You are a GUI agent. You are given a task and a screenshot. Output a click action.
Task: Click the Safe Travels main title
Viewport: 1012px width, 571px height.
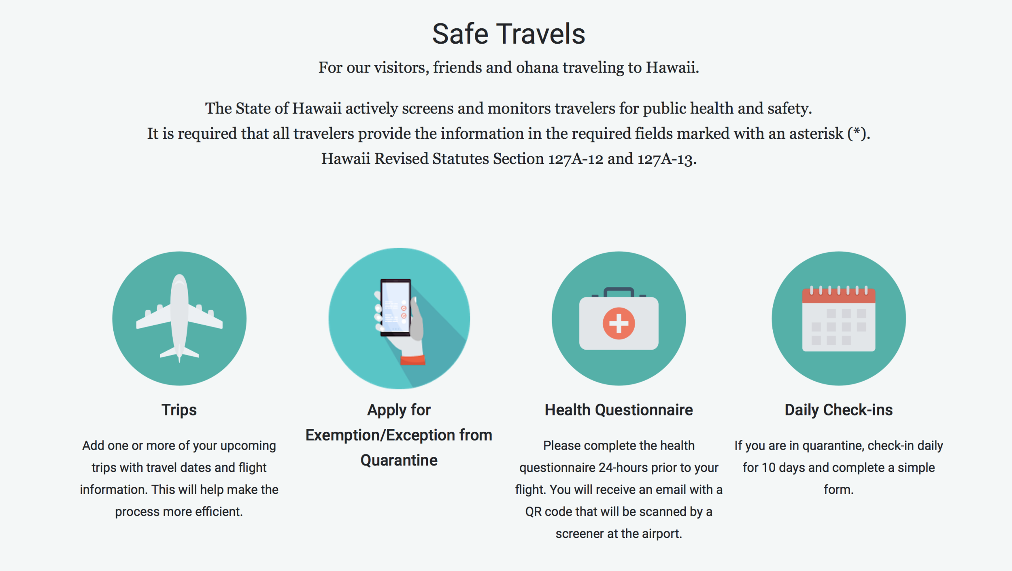(508, 34)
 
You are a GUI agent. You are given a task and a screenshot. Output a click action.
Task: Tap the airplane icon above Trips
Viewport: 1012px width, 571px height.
(179, 318)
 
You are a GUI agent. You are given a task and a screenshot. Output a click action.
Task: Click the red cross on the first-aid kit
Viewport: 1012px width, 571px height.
(619, 323)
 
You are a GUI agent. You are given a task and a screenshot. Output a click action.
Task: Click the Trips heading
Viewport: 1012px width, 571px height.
(179, 410)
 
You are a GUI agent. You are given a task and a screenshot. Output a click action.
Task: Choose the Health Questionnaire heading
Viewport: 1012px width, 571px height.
(619, 410)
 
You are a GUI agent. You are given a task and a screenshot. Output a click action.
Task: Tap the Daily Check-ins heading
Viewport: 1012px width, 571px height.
(838, 410)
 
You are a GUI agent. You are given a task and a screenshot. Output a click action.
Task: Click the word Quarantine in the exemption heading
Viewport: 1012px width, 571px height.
(399, 461)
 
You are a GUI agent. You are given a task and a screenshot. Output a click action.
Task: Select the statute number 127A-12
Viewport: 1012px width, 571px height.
(576, 159)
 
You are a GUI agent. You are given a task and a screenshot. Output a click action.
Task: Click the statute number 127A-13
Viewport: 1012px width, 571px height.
(665, 159)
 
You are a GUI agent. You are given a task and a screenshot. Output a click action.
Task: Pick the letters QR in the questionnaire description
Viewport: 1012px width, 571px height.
(533, 512)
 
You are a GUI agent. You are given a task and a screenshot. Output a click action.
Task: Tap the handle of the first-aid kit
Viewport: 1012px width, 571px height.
(619, 291)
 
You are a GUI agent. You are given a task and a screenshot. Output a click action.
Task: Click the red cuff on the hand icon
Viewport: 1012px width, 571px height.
(413, 360)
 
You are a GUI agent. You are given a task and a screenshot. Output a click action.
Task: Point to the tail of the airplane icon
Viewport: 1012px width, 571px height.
(179, 353)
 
